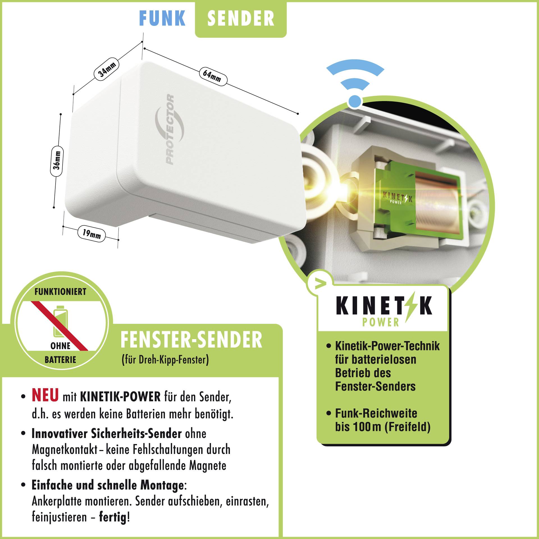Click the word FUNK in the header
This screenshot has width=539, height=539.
point(162,19)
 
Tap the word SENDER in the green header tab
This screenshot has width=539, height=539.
point(241,19)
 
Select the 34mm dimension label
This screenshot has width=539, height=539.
point(107,70)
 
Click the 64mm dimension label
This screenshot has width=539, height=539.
point(212,76)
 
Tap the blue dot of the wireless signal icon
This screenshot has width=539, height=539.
point(355,101)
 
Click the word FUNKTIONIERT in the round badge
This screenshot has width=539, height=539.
point(60,292)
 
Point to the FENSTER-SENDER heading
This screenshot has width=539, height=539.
point(191,340)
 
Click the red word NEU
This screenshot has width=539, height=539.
point(45,395)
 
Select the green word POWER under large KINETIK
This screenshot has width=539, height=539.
point(380,322)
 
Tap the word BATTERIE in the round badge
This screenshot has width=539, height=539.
point(60,360)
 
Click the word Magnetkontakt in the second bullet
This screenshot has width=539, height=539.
point(65,450)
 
